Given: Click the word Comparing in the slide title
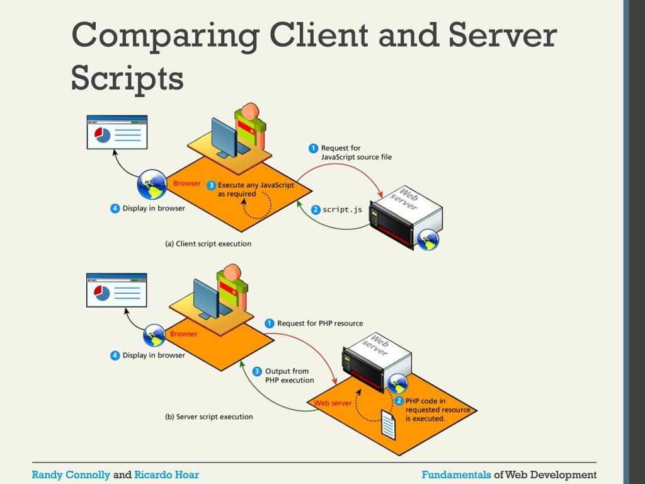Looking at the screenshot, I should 164,36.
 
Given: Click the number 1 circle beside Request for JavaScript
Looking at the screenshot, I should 312,148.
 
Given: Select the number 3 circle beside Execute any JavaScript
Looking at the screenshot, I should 211,185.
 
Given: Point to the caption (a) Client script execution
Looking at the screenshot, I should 208,243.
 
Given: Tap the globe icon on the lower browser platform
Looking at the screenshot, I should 154,336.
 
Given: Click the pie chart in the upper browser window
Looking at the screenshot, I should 102,134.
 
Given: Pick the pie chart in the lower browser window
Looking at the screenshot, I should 101,292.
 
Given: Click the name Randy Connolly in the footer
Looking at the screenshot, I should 71,475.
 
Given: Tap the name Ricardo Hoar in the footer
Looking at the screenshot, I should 166,475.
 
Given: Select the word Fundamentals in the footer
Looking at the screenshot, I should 456,475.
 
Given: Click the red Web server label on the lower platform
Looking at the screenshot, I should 333,403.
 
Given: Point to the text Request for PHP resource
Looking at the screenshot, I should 320,323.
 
